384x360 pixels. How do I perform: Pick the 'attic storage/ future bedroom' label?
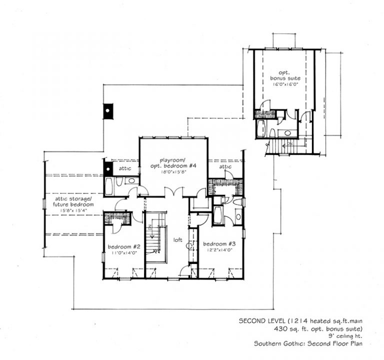click(x=74, y=201)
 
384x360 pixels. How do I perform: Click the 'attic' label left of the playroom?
click(x=125, y=168)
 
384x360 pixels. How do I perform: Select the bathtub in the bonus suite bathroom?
click(x=260, y=129)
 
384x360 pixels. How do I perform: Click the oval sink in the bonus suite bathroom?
click(x=287, y=133)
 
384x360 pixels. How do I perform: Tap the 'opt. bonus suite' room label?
click(x=283, y=74)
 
